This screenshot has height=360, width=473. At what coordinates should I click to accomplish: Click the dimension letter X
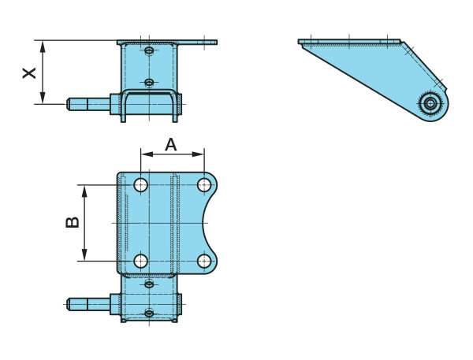pyautogui.click(x=29, y=73)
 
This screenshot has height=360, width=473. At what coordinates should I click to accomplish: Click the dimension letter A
pyautogui.click(x=171, y=144)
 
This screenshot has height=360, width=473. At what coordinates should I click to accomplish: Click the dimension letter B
pyautogui.click(x=73, y=222)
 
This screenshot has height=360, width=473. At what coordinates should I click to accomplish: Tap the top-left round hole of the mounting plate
pyautogui.click(x=140, y=185)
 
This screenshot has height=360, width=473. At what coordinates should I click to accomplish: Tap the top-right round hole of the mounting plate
pyautogui.click(x=204, y=185)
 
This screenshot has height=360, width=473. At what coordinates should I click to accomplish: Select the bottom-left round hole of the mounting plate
pyautogui.click(x=140, y=261)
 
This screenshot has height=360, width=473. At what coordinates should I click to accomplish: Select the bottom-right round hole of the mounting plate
pyautogui.click(x=204, y=261)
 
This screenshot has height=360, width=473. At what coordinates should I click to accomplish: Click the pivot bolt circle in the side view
pyautogui.click(x=430, y=104)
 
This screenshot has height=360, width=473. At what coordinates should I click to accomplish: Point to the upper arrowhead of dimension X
pyautogui.click(x=43, y=47)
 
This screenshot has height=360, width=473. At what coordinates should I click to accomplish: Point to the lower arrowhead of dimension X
pyautogui.click(x=43, y=98)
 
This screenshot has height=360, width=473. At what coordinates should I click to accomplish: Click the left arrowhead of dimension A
pyautogui.click(x=147, y=154)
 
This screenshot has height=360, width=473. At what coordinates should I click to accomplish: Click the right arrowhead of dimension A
pyautogui.click(x=198, y=154)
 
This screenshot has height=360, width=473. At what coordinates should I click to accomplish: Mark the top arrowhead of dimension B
pyautogui.click(x=84, y=191)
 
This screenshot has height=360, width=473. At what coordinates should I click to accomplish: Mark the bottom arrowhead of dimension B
pyautogui.click(x=84, y=254)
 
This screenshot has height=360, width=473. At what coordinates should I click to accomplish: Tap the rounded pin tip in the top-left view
pyautogui.click(x=69, y=104)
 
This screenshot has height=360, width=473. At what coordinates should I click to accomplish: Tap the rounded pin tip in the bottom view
pyautogui.click(x=69, y=304)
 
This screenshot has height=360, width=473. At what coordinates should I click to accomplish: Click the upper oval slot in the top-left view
pyautogui.click(x=149, y=50)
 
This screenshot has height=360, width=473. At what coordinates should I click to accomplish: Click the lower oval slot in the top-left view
pyautogui.click(x=149, y=82)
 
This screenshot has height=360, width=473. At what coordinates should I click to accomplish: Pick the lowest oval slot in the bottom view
pyautogui.click(x=149, y=313)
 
